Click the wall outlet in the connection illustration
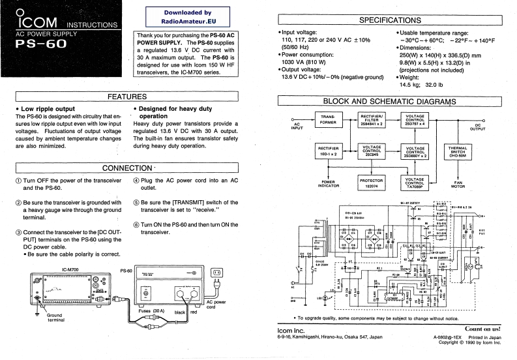(218, 271)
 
